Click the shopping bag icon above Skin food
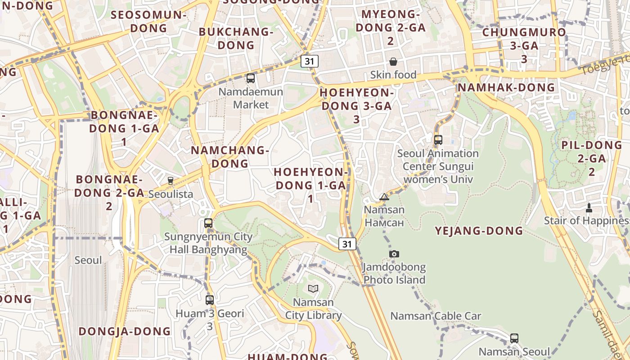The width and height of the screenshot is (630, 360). tap(393, 61)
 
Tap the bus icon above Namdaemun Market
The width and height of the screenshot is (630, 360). tap(251, 78)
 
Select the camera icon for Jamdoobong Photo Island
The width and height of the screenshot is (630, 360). tap(394, 254)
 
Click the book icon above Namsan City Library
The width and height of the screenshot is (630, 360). tap(313, 288)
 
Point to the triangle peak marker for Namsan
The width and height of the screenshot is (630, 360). tap(384, 197)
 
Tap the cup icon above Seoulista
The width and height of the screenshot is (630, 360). tap(170, 181)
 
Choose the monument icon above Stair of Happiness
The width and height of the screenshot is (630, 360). tap(589, 207)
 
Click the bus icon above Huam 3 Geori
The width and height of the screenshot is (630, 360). tap(209, 300)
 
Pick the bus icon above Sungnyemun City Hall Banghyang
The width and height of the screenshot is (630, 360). tap(208, 223)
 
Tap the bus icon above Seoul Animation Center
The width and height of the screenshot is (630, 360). tap(438, 140)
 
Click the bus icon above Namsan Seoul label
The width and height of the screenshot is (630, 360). tap(514, 338)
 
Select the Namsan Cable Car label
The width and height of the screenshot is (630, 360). tap(436, 316)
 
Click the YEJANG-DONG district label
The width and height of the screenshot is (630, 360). tap(479, 231)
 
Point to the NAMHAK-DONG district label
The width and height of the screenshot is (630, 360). tap(506, 87)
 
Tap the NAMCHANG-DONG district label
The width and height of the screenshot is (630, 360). tap(230, 157)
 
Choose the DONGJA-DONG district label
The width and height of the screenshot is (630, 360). tap(125, 332)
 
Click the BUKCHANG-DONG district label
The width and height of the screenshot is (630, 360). tap(236, 38)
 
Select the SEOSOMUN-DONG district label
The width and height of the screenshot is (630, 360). tap(148, 21)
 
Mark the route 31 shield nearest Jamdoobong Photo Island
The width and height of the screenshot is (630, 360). tap(347, 244)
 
